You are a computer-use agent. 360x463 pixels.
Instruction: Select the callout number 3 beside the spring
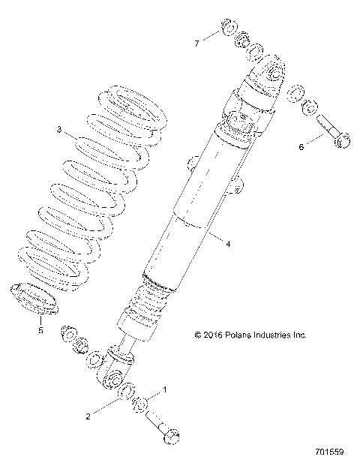click(x=58, y=130)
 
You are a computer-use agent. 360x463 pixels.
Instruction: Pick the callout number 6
click(x=302, y=147)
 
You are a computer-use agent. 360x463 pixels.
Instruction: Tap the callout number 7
click(x=197, y=44)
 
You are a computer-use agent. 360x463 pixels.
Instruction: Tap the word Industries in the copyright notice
click(x=275, y=335)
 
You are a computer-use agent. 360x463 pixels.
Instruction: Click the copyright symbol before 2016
click(x=198, y=335)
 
